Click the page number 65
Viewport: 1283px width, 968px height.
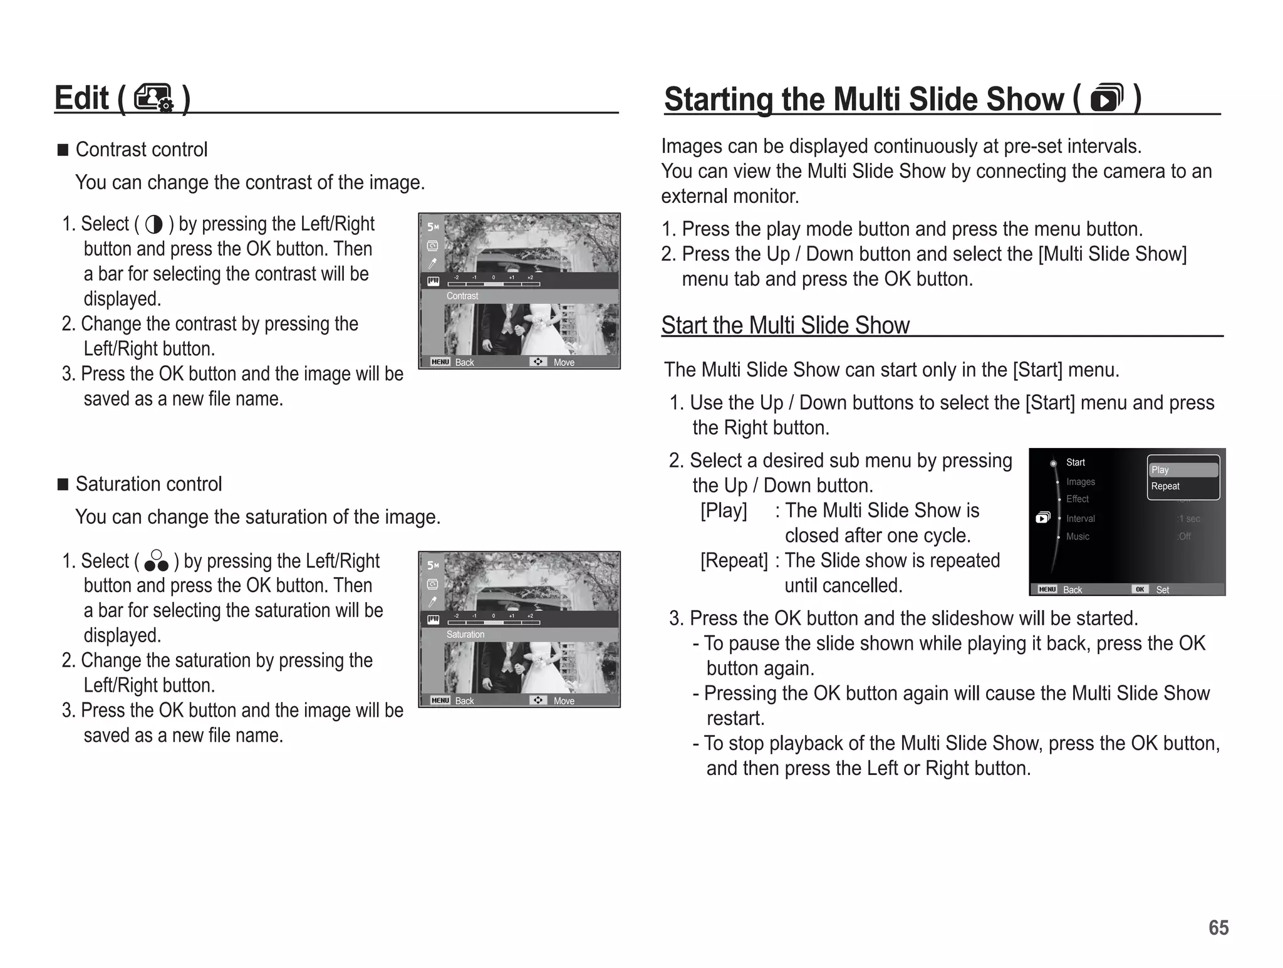[1218, 927]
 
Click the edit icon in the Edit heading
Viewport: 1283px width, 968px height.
[153, 98]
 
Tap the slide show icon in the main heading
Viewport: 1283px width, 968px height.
[1106, 98]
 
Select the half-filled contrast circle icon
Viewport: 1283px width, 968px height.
[153, 224]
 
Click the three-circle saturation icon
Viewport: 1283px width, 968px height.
[156, 561]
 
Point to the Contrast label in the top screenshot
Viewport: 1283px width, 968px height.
[462, 296]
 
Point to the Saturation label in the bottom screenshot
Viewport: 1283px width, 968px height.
[465, 634]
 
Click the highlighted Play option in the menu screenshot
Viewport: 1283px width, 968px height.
[1183, 470]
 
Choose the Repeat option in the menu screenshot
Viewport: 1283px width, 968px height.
[1165, 486]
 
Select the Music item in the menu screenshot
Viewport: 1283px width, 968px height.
[1078, 536]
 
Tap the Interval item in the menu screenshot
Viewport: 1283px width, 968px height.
[1080, 519]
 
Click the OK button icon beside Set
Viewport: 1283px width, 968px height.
[1140, 590]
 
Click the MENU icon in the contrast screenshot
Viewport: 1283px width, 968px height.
[440, 362]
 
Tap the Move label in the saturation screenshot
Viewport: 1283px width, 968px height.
[564, 700]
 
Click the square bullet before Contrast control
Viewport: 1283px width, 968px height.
[63, 150]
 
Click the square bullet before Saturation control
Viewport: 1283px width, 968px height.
[63, 484]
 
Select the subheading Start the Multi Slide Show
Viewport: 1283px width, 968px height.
[785, 325]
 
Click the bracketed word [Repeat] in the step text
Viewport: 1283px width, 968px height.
[734, 560]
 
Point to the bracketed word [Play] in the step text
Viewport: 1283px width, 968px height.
[724, 511]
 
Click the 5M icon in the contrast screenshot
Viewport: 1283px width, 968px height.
[432, 227]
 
